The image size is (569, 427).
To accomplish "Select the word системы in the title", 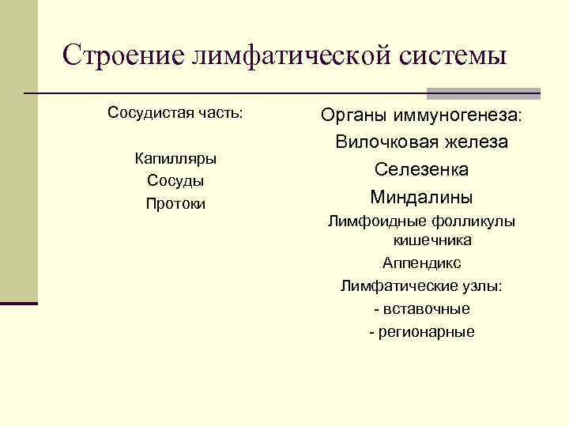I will coord(453,55).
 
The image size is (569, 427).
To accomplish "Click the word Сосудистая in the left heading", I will coord(145,113).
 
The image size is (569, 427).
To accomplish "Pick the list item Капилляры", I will coord(175,158).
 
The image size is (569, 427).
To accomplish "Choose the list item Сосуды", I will coord(175,181).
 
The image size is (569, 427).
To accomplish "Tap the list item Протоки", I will coord(175,204).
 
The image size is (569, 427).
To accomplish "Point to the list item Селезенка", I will coord(421,169).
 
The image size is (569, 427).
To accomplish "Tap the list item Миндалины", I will coord(421,196).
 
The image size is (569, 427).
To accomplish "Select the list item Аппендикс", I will coord(421,263).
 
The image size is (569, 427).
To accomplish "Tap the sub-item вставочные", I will coord(426,308).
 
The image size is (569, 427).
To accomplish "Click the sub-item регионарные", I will coord(426,331).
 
